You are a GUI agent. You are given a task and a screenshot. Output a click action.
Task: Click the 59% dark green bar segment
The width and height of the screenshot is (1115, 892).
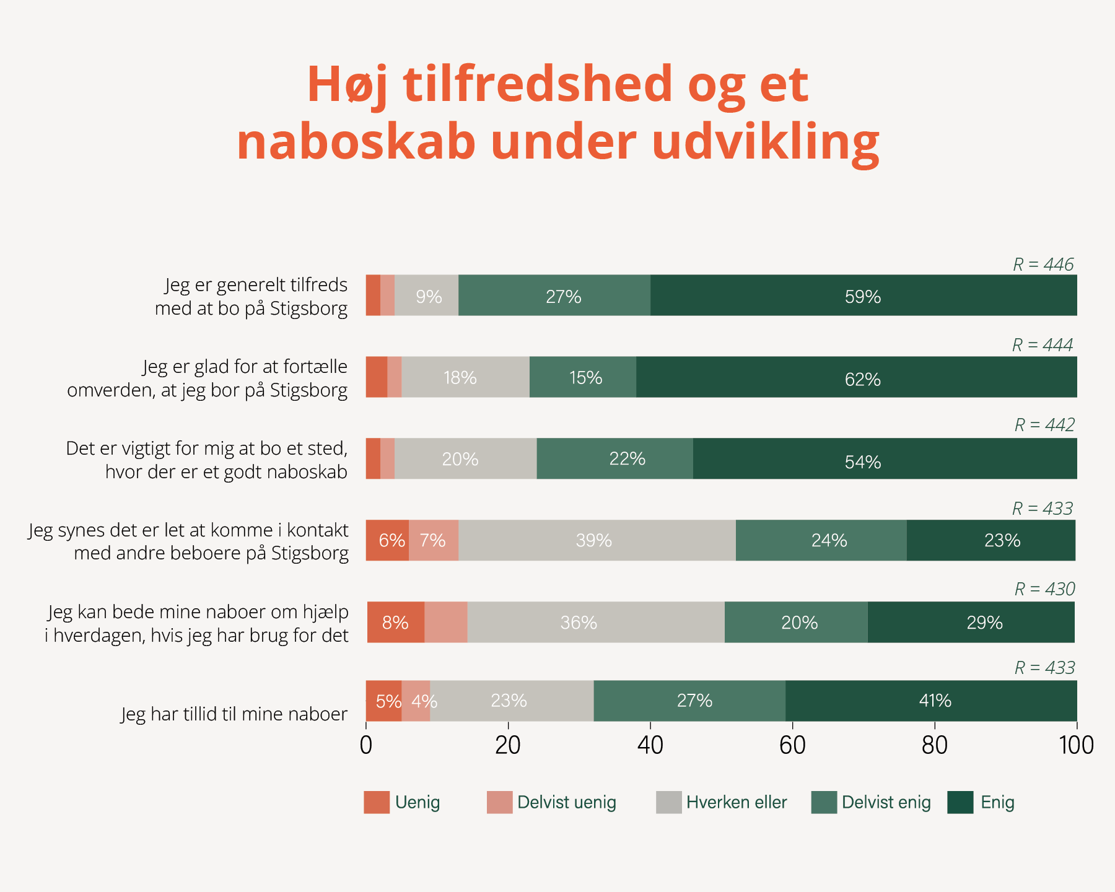(863, 295)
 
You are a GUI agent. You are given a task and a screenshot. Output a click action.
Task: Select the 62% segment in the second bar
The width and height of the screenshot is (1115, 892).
(856, 377)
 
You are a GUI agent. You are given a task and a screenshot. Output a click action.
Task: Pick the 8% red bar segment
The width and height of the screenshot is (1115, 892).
(395, 622)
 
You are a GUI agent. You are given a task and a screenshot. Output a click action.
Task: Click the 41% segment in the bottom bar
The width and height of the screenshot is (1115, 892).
(931, 701)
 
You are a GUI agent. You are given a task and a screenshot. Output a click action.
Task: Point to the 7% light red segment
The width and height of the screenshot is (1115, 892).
(433, 540)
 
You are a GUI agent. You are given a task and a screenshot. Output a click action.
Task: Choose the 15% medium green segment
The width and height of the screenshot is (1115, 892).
(583, 377)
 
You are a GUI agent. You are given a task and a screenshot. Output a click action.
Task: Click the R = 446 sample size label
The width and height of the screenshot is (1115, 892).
(1043, 265)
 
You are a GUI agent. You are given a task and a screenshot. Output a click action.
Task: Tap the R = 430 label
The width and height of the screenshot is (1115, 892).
(1044, 589)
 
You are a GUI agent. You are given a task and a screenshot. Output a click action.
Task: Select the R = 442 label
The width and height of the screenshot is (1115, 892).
(1044, 425)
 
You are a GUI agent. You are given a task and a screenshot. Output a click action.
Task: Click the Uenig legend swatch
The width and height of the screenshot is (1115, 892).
(377, 802)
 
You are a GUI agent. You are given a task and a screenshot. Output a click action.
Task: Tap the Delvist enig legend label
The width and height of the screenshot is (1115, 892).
(886, 802)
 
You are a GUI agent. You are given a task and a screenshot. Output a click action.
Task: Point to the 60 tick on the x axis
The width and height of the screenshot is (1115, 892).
(792, 745)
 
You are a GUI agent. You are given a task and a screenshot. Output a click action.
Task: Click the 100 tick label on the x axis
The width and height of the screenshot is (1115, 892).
(1077, 745)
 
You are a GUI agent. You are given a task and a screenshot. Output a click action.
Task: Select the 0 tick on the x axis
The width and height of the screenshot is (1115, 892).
(366, 745)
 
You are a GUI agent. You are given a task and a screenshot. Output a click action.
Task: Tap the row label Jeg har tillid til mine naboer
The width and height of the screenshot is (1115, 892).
(234, 714)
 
